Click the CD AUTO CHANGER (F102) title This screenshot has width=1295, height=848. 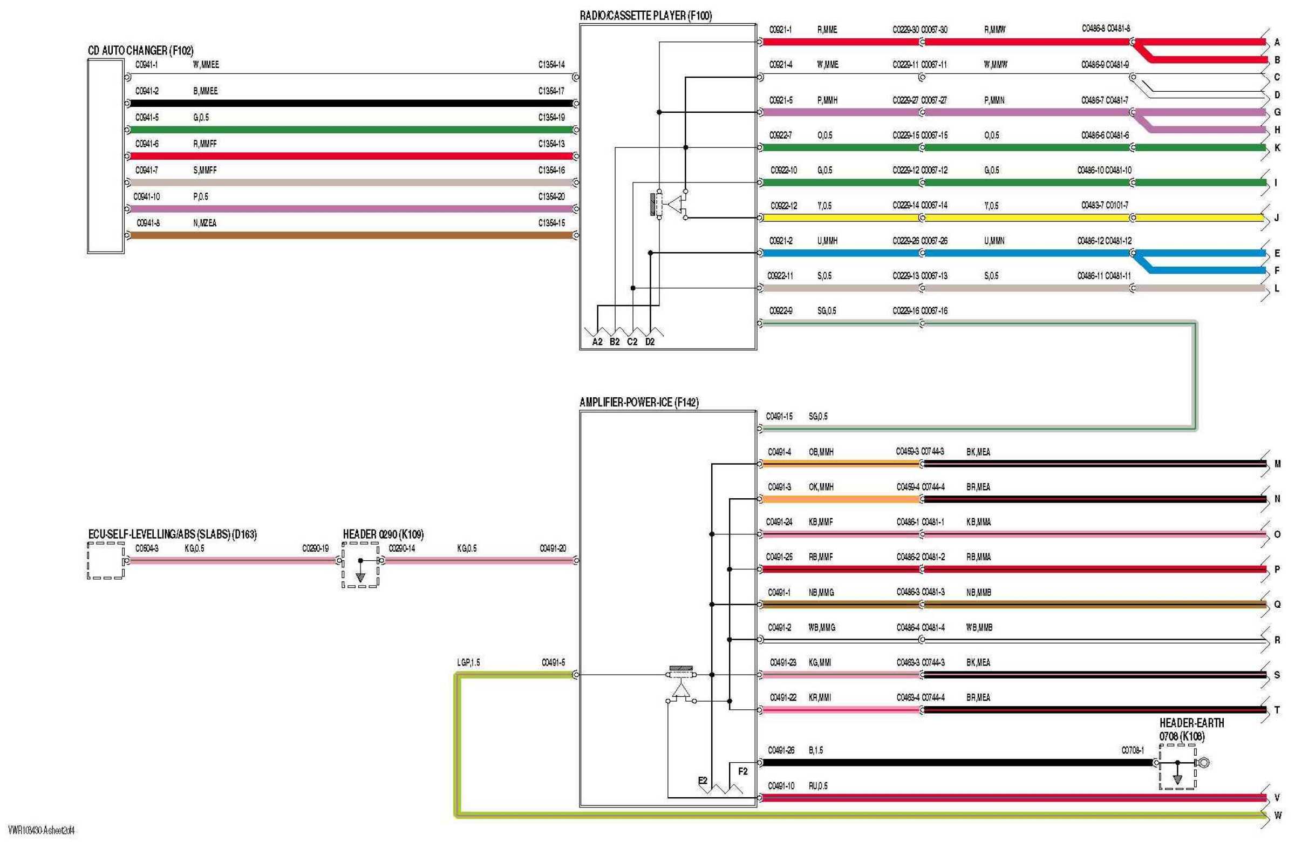tap(140, 51)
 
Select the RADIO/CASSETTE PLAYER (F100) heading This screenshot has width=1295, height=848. tap(645, 16)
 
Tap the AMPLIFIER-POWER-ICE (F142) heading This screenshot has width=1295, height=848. tap(639, 402)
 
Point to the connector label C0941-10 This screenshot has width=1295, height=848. tap(146, 196)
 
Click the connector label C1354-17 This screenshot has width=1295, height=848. tap(551, 91)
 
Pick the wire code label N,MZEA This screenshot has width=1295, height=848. tap(205, 223)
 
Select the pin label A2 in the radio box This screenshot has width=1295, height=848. tap(597, 342)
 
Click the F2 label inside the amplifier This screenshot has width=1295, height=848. tap(742, 771)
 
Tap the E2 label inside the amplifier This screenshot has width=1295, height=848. tap(703, 781)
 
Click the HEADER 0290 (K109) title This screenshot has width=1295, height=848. tap(383, 534)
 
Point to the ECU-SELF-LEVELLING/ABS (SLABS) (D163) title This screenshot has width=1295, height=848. tap(172, 534)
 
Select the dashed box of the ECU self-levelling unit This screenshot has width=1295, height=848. tap(106, 561)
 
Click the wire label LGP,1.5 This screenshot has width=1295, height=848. tap(468, 662)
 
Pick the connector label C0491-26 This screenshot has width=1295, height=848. tap(781, 750)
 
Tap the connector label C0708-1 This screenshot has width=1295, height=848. tap(1132, 750)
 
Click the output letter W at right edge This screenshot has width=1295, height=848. tap(1278, 815)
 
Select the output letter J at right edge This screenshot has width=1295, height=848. tap(1277, 218)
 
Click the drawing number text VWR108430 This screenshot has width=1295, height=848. tap(42, 831)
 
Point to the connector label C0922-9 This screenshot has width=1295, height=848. tap(780, 311)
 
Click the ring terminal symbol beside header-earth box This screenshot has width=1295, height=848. tap(1204, 763)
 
